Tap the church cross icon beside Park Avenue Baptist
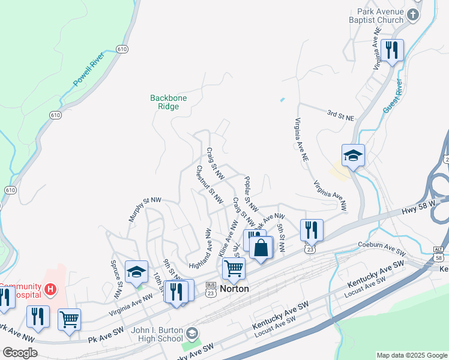pyautogui.click(x=412, y=14)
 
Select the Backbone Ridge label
pyautogui.click(x=164, y=101)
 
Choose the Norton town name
pyautogui.click(x=234, y=289)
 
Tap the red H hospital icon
pyautogui.click(x=51, y=289)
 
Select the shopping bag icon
pyautogui.click(x=261, y=248)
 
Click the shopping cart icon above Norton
pyautogui.click(x=233, y=268)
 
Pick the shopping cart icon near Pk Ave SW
pyautogui.click(x=70, y=319)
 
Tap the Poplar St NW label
pyautogui.click(x=252, y=193)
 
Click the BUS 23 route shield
pyautogui.click(x=211, y=288)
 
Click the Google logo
pyautogui.click(x=20, y=353)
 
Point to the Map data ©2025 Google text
pyautogui.click(x=411, y=355)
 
